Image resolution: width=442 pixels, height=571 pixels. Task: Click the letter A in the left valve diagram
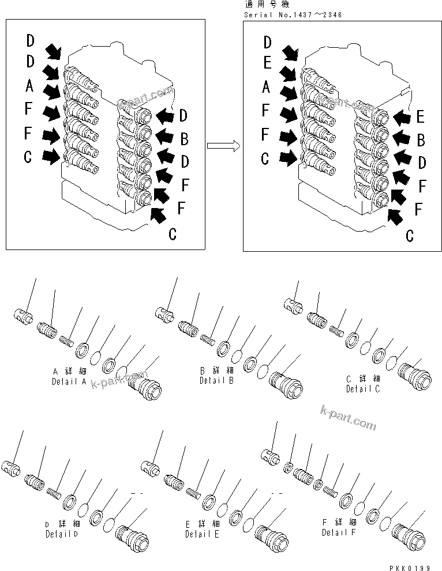30,86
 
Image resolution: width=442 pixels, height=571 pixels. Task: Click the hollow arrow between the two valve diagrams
223,146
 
